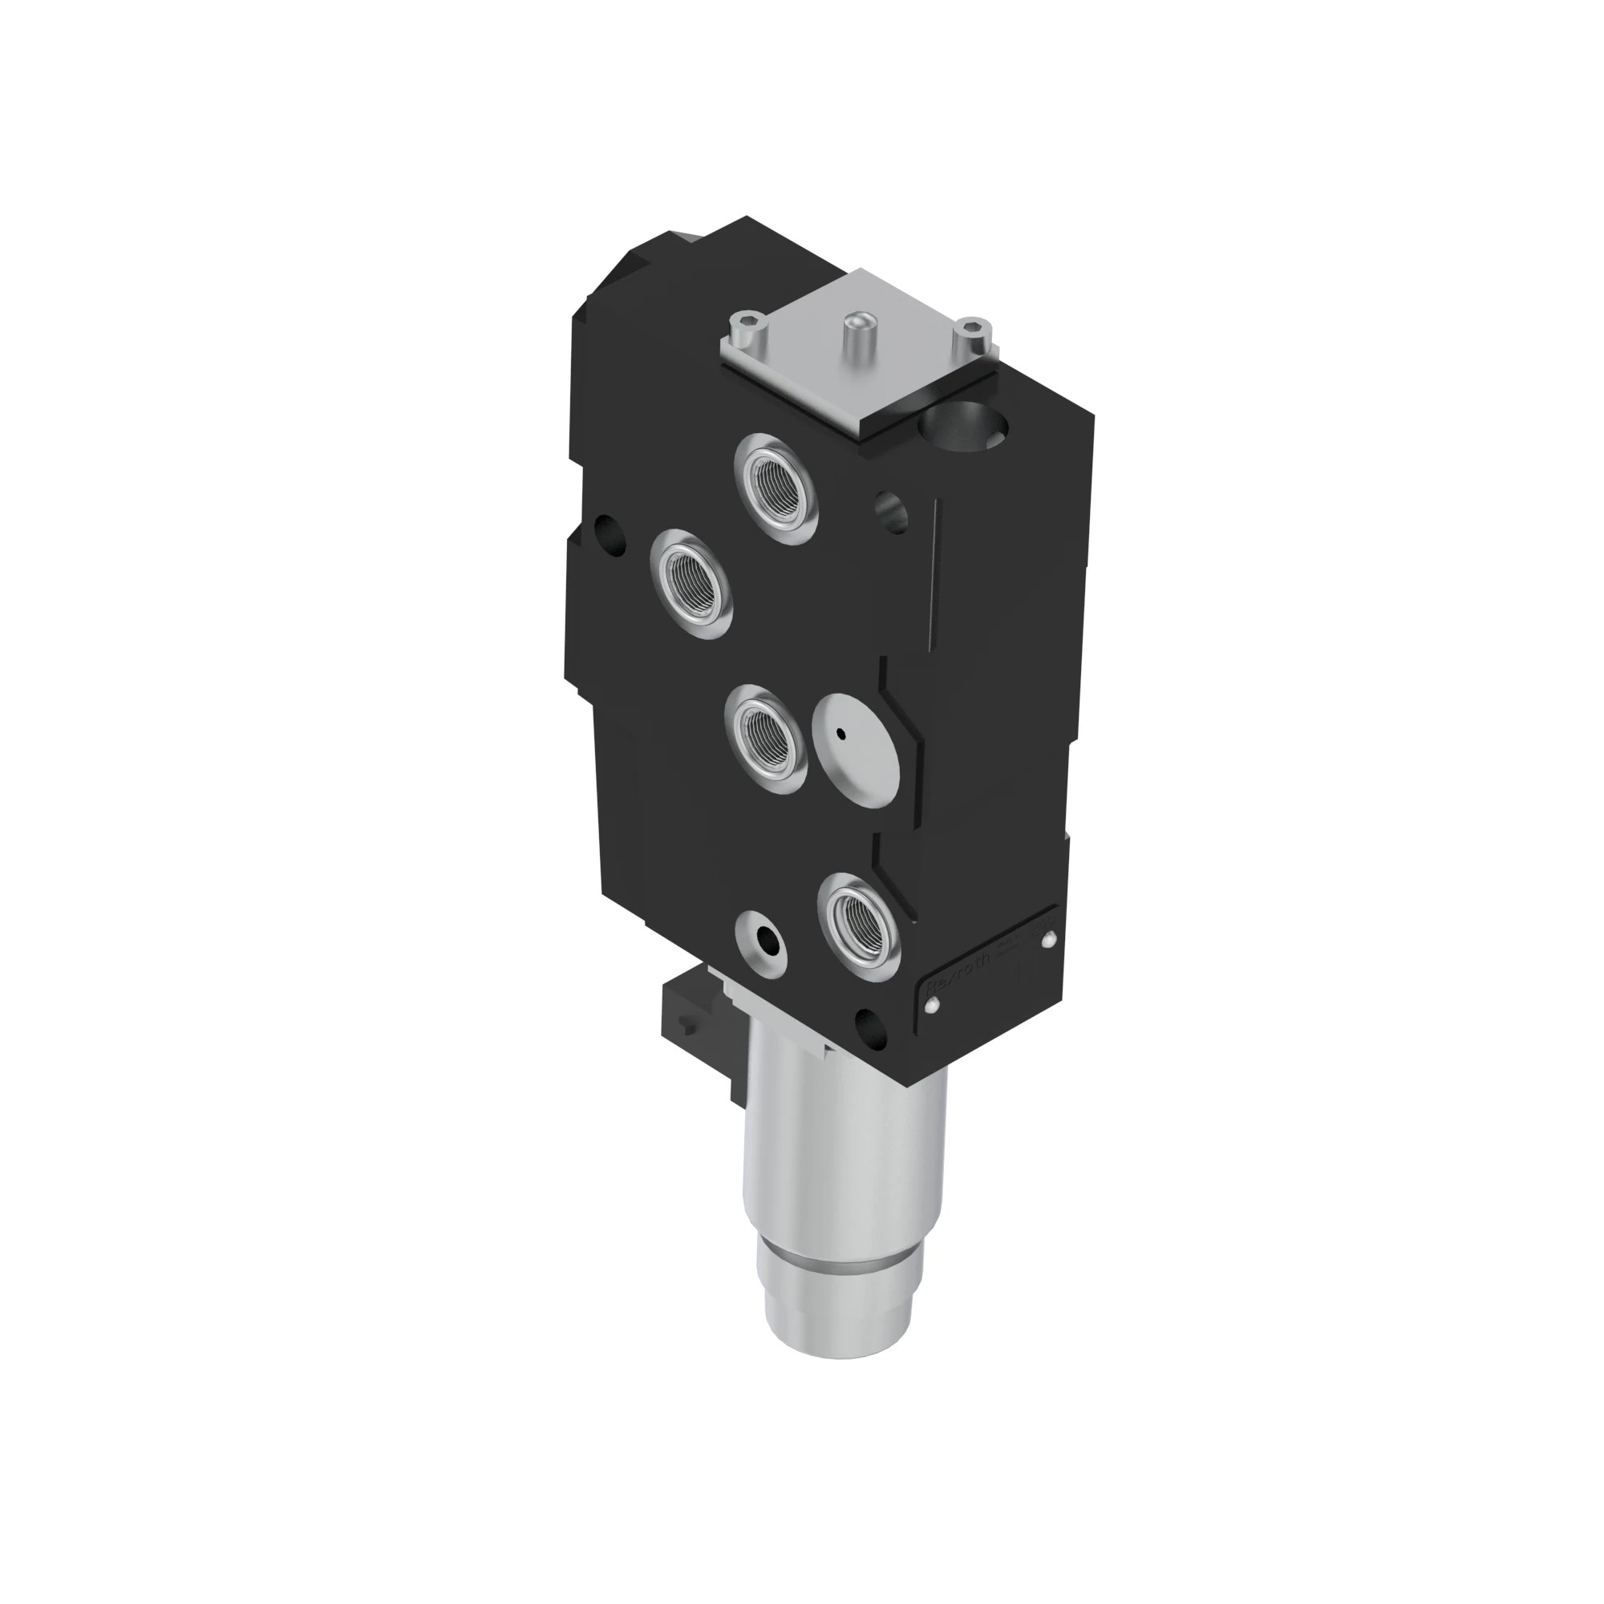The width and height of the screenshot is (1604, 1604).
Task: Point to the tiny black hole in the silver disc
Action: [841, 733]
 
